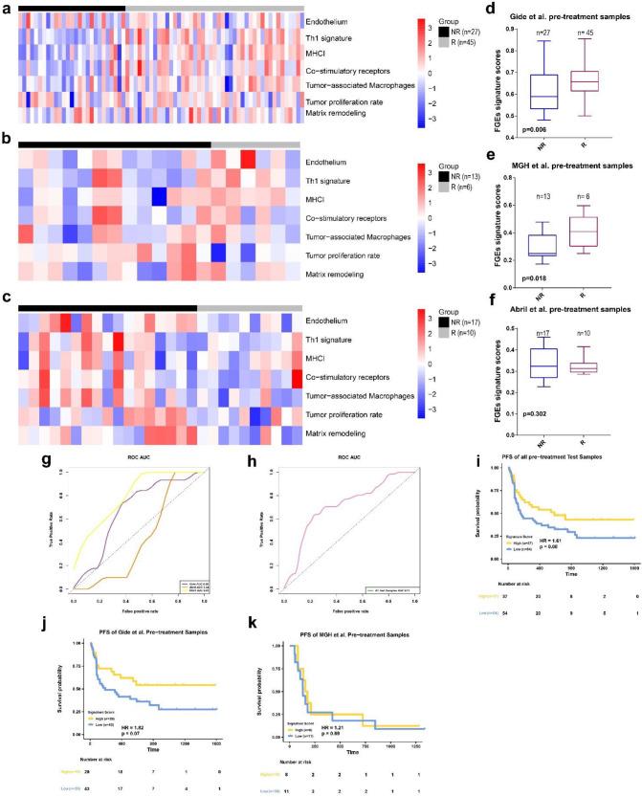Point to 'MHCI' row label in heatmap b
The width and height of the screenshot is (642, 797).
[x=316, y=199]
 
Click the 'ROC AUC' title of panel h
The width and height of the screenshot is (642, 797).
[x=338, y=463]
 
